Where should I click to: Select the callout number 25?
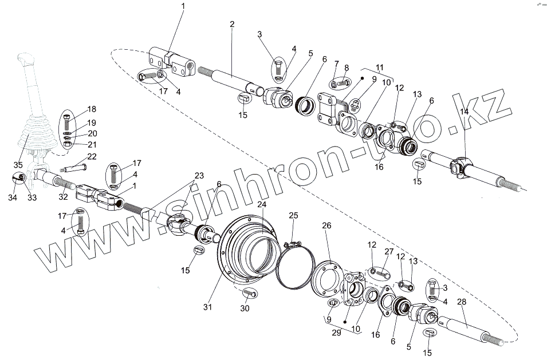(x=293, y=215)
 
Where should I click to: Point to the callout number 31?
(x=207, y=307)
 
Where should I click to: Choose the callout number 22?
(x=91, y=157)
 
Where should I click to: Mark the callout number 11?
(x=379, y=68)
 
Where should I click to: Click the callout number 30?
(x=246, y=308)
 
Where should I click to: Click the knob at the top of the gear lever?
(x=26, y=60)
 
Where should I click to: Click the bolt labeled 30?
(x=249, y=293)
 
